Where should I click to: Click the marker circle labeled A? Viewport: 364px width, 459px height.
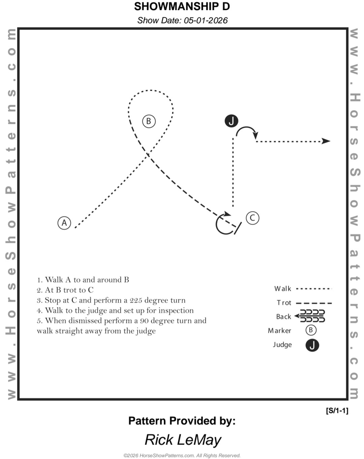65,223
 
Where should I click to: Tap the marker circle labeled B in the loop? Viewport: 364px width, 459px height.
148,121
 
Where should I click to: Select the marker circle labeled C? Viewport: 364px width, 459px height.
252,218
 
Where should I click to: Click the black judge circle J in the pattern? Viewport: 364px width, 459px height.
232,121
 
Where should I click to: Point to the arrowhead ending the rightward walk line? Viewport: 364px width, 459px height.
326,141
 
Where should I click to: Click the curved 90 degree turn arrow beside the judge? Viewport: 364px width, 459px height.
248,131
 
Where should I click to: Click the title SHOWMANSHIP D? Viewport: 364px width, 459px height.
182,7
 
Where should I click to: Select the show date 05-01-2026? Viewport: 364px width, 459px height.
182,20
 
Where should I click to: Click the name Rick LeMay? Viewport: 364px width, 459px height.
183,440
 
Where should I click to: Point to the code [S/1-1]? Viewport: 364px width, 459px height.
337,411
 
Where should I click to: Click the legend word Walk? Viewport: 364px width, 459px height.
283,289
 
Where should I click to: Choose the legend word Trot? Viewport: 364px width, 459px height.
284,303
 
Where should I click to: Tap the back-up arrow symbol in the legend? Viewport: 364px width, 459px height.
310,316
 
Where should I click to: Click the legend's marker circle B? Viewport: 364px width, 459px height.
311,330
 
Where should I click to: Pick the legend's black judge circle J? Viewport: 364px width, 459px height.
312,345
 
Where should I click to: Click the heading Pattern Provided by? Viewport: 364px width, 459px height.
182,421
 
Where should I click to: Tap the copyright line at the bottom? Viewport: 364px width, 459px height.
182,455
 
